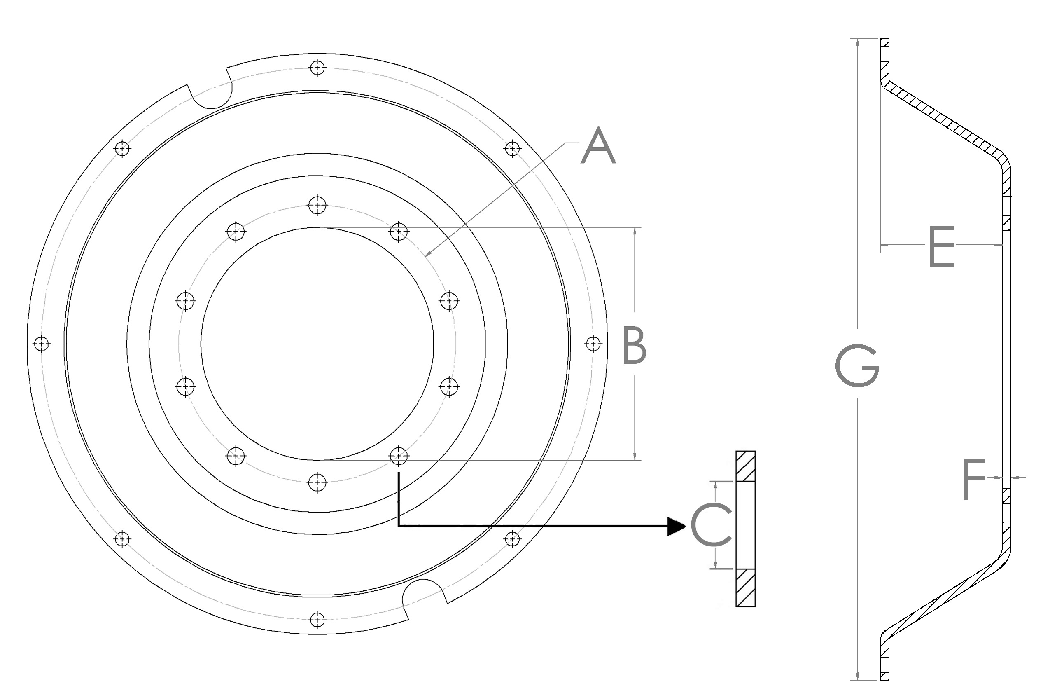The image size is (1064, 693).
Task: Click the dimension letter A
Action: [598, 146]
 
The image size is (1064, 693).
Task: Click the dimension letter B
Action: [634, 345]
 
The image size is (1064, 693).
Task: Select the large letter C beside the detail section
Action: [711, 526]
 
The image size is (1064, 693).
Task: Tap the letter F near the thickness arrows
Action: [974, 479]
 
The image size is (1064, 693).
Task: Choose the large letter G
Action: [856, 365]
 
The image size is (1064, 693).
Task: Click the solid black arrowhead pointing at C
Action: [676, 526]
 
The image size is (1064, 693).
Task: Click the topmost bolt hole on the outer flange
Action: [317, 68]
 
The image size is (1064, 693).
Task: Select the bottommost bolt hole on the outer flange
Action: [317, 620]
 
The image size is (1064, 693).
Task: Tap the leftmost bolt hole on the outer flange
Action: [42, 344]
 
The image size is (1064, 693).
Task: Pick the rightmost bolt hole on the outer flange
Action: [593, 344]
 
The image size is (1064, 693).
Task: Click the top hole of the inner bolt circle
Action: [317, 205]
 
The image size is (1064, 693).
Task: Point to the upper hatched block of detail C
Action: [745, 466]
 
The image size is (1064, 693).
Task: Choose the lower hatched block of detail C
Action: [745, 588]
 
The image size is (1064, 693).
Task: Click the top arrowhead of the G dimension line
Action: [857, 42]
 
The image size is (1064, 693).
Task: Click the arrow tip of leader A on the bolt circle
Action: [426, 256]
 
